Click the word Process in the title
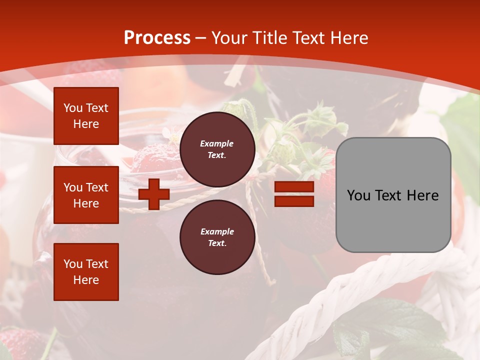(x=157, y=38)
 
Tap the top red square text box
(x=86, y=116)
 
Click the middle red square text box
(x=86, y=195)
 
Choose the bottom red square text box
(x=86, y=272)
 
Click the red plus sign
(x=154, y=194)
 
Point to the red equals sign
(x=294, y=194)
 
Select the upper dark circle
(x=217, y=149)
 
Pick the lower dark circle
(x=217, y=237)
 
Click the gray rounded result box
(x=393, y=195)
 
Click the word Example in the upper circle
(x=217, y=144)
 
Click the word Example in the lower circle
(x=217, y=232)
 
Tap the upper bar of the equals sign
(x=294, y=187)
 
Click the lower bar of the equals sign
(x=294, y=201)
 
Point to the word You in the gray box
(x=358, y=195)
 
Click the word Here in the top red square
(x=86, y=124)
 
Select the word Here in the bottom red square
(x=86, y=280)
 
